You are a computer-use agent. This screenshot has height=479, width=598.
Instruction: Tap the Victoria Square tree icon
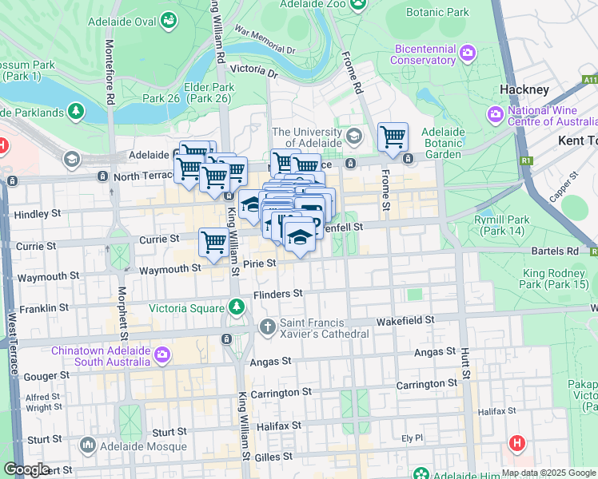click(x=236, y=307)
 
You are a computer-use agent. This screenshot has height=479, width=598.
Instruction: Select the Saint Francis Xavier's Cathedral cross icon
click(x=268, y=327)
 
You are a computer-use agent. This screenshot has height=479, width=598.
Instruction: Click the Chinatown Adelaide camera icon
click(x=162, y=354)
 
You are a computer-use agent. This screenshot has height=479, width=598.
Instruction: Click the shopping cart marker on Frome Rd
click(x=393, y=137)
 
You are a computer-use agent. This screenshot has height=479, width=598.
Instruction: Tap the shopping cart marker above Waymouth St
click(x=213, y=243)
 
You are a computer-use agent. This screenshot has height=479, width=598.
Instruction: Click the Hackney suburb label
click(x=524, y=89)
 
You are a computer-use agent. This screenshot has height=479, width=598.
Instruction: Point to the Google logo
click(x=26, y=469)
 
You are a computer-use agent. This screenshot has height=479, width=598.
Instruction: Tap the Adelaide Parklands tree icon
click(x=76, y=110)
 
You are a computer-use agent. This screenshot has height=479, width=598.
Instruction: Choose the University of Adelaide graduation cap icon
click(x=354, y=133)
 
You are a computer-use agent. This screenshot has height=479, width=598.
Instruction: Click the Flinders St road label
click(x=277, y=294)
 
